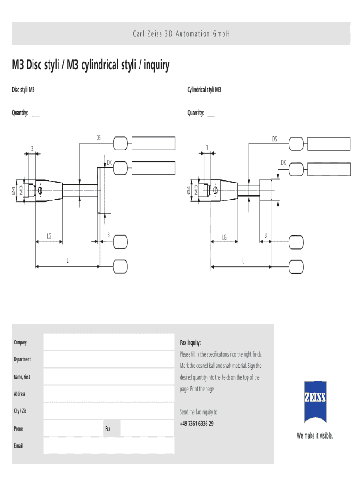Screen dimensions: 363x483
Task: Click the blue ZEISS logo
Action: [315, 401]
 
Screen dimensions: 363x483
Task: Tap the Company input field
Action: [109, 342]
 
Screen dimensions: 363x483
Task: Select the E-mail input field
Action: [109, 445]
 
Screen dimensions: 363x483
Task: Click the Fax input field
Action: [148, 428]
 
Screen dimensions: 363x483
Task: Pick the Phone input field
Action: [74, 428]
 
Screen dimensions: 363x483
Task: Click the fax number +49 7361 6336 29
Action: [197, 424]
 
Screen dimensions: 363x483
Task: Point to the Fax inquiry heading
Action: [190, 342]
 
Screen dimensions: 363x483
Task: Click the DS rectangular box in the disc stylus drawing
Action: [153, 143]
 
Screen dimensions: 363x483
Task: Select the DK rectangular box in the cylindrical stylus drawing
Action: [329, 169]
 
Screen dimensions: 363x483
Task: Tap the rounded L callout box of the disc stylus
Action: [120, 266]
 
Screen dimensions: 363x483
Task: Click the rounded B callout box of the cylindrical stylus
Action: [296, 242]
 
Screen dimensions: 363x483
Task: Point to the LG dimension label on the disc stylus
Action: [49, 236]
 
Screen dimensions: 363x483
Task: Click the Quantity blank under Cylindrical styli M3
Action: [211, 116]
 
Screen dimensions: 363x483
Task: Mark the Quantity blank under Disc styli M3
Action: [36, 116]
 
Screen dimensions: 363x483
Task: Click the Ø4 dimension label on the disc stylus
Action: [14, 191]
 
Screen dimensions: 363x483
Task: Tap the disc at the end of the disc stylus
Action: [99, 191]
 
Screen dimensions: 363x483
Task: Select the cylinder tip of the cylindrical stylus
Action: [265, 190]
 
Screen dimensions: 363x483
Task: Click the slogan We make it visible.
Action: [315, 435]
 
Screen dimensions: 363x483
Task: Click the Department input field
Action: [109, 359]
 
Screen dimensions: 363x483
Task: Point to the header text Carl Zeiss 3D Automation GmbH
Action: [181, 33]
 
